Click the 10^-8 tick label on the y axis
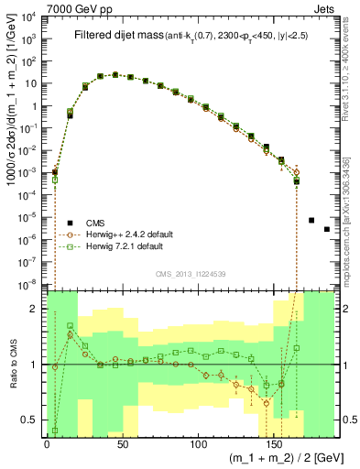[x=29, y=284]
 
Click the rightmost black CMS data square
[x=327, y=229]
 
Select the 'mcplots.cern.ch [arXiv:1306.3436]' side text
[x=351, y=207]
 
